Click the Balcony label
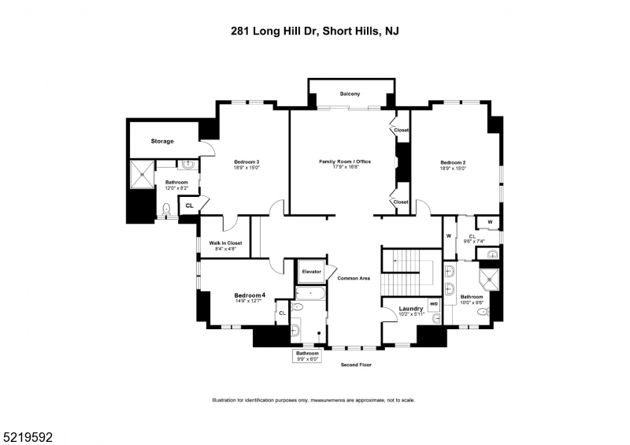pyautogui.click(x=350, y=95)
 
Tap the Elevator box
pyautogui.click(x=312, y=272)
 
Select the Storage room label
pyautogui.click(x=162, y=141)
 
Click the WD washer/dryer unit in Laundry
pyautogui.click(x=433, y=304)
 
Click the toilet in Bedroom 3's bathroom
pyautogui.click(x=165, y=209)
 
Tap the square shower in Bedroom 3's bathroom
pyautogui.click(x=142, y=175)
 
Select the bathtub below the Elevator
pyautogui.click(x=309, y=292)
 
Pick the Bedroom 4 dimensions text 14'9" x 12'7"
pyautogui.click(x=249, y=301)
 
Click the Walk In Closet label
pyautogui.click(x=225, y=243)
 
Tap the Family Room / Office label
pyautogui.click(x=344, y=161)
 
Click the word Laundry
pyautogui.click(x=411, y=308)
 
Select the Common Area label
pyautogui.click(x=354, y=278)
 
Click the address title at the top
pyautogui.click(x=315, y=32)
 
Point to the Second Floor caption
pyautogui.click(x=356, y=365)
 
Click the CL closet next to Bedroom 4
pyautogui.click(x=281, y=313)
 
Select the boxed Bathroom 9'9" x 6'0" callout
pyautogui.click(x=307, y=356)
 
